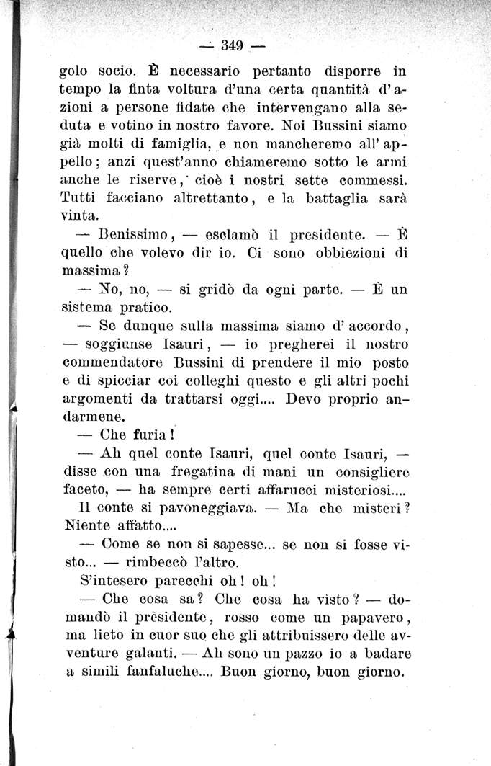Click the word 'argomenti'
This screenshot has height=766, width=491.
(97, 399)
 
